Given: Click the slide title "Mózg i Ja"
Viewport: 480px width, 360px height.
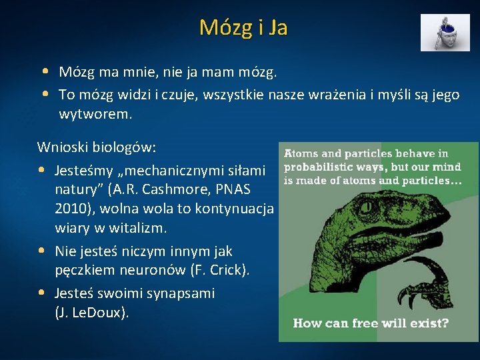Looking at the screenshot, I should tap(243, 27).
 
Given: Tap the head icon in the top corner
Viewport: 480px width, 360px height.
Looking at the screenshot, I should tap(445, 33).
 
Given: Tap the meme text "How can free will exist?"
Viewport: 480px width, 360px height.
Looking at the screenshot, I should tap(371, 323).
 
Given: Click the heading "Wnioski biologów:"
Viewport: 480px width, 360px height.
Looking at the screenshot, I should tap(97, 147).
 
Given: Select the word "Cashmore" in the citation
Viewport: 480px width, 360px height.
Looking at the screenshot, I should tap(173, 189).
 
